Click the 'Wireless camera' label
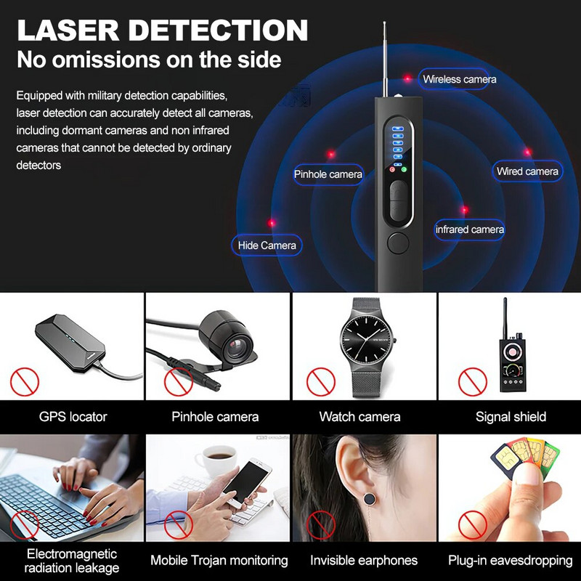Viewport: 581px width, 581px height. [x=459, y=79]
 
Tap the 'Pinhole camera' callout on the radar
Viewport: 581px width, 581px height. [x=328, y=174]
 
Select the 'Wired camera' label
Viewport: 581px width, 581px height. [x=527, y=171]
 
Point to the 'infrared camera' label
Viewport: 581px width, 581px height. [x=469, y=229]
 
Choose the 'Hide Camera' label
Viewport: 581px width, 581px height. [x=267, y=245]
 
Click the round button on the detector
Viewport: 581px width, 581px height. [x=397, y=243]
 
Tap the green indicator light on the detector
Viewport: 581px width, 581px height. [x=404, y=169]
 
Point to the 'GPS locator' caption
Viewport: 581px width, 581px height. [x=73, y=417]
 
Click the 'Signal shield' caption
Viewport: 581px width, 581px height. [x=511, y=417]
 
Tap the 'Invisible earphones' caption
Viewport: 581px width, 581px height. [x=364, y=560]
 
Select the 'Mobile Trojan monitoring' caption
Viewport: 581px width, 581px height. [x=219, y=560]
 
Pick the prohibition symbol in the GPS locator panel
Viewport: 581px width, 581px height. [x=25, y=381]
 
